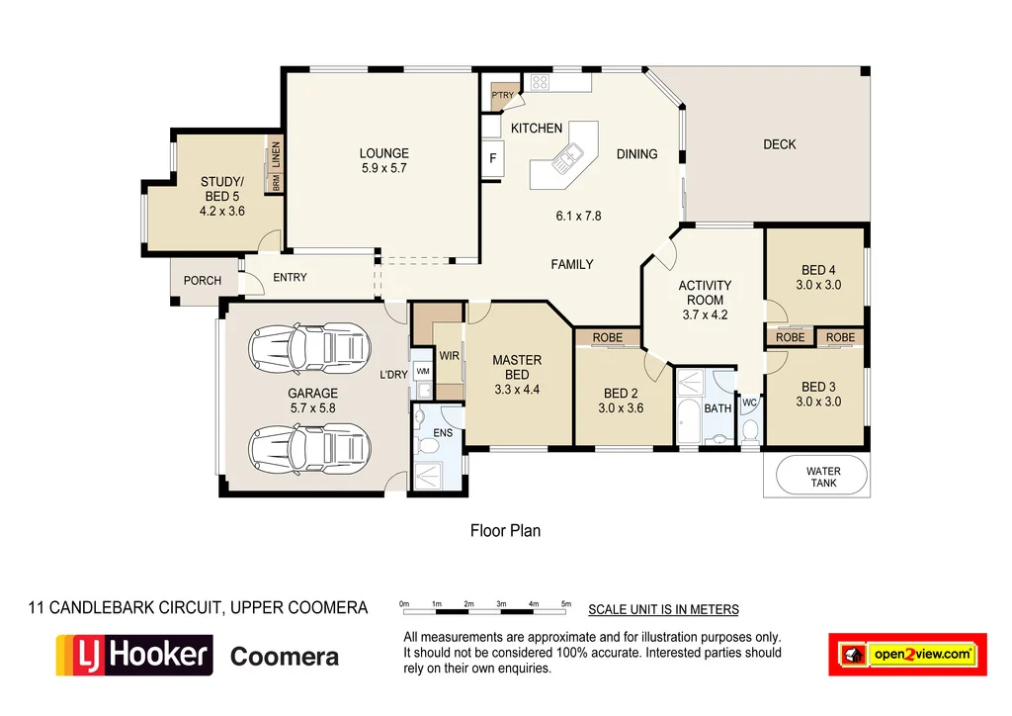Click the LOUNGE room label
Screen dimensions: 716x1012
click(383, 153)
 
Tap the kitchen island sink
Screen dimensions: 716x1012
click(569, 158)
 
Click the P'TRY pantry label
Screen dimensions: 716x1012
click(503, 96)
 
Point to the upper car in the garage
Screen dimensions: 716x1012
click(310, 348)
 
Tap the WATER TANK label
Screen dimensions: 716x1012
click(822, 477)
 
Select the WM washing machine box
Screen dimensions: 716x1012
click(423, 371)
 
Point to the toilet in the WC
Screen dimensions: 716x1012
click(750, 429)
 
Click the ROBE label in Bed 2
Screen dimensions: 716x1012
click(608, 337)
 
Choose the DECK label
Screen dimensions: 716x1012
click(779, 144)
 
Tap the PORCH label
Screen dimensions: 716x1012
click(203, 281)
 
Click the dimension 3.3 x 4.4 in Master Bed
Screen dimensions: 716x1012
click(517, 390)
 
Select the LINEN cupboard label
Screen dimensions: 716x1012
click(277, 154)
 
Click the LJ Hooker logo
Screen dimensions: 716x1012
click(134, 656)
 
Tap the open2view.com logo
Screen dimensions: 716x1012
click(907, 655)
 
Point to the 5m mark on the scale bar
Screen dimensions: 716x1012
click(566, 603)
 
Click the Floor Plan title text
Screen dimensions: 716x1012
click(505, 531)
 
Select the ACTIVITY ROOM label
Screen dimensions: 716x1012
click(705, 293)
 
